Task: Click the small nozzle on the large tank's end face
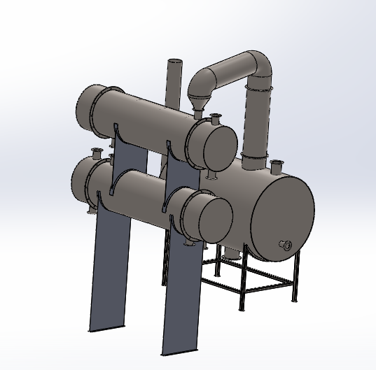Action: pos(285,244)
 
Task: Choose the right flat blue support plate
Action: pos(181,294)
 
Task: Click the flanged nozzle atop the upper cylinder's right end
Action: pos(216,118)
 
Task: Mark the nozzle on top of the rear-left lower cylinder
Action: pos(97,153)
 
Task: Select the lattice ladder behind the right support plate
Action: pos(166,259)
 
